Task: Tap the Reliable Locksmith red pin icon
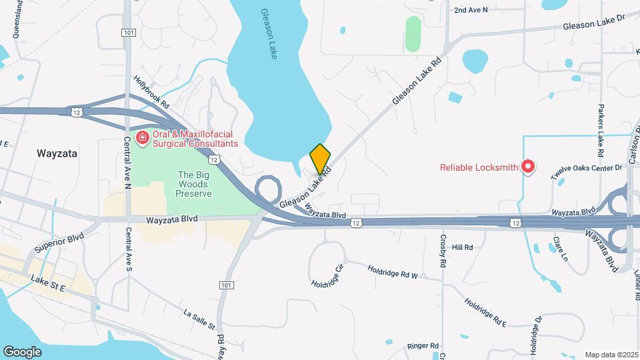click(528, 167)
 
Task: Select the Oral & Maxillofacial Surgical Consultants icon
click(142, 139)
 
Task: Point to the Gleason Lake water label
click(268, 34)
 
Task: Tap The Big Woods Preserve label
click(194, 184)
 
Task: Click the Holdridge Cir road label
click(327, 275)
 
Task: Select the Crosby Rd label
click(443, 251)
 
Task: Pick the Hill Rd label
click(462, 247)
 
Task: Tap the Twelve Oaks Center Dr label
click(586, 172)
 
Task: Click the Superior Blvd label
click(59, 243)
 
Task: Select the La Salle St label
click(199, 319)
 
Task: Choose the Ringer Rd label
click(423, 346)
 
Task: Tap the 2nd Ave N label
click(471, 10)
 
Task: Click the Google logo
click(22, 351)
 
